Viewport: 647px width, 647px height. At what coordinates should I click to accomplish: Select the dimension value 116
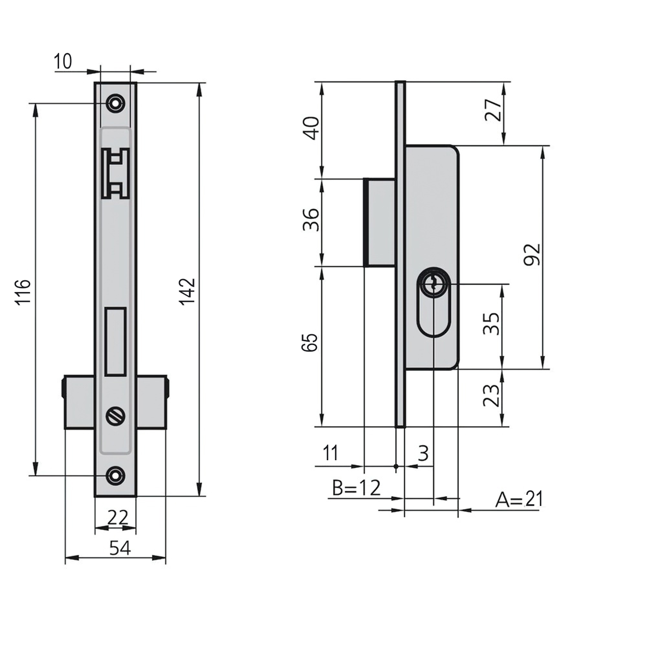(x=23, y=292)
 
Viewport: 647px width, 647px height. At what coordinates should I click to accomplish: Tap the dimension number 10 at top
(x=63, y=61)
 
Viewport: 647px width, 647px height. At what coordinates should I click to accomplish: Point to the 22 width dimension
(x=117, y=517)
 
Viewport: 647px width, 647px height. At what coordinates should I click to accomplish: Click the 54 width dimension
(x=119, y=548)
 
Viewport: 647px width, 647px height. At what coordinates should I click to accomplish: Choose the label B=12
(x=356, y=488)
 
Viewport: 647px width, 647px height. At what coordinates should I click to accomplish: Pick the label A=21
(x=519, y=499)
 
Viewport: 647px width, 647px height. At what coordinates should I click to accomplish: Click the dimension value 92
(x=531, y=254)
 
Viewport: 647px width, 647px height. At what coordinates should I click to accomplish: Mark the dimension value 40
(x=311, y=128)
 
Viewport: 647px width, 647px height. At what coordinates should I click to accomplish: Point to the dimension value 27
(x=493, y=110)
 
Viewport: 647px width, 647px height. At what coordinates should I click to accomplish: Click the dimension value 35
(x=491, y=323)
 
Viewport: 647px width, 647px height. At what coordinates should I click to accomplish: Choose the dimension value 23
(x=491, y=396)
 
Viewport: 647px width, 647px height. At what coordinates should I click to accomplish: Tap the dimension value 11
(x=330, y=453)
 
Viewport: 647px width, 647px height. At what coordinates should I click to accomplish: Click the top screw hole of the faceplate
(x=115, y=104)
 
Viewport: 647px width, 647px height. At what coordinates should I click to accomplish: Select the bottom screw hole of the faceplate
(x=115, y=475)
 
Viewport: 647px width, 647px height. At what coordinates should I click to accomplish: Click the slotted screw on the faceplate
(x=115, y=416)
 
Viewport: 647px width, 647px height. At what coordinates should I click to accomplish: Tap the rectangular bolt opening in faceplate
(x=116, y=341)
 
